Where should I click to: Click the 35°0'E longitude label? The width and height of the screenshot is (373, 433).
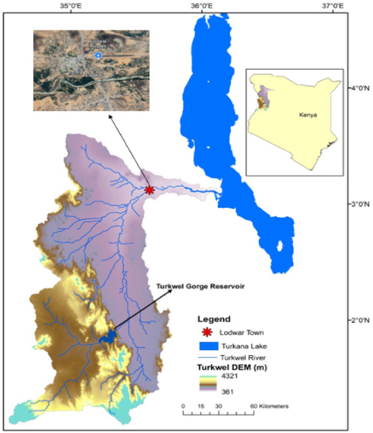point(70,6)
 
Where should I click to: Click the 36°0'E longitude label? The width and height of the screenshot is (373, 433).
point(202,6)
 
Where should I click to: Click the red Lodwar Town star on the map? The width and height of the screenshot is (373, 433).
point(149,190)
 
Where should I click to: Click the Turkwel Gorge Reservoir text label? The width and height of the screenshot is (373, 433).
point(200,286)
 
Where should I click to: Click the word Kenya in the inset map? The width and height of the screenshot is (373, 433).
point(308,115)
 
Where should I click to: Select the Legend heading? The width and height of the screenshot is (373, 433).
point(214,319)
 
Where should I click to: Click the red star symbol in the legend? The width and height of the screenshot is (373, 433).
point(207,332)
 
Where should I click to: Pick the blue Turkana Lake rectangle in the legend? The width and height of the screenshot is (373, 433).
point(209,346)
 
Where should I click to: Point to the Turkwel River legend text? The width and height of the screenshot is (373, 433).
point(243,358)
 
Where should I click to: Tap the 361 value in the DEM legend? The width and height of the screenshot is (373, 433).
point(227,392)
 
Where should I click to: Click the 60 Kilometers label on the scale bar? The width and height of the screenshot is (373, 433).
point(269,406)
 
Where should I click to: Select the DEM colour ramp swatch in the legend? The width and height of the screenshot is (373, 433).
point(208,384)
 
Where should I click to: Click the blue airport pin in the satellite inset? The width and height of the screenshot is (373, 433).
point(98,55)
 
